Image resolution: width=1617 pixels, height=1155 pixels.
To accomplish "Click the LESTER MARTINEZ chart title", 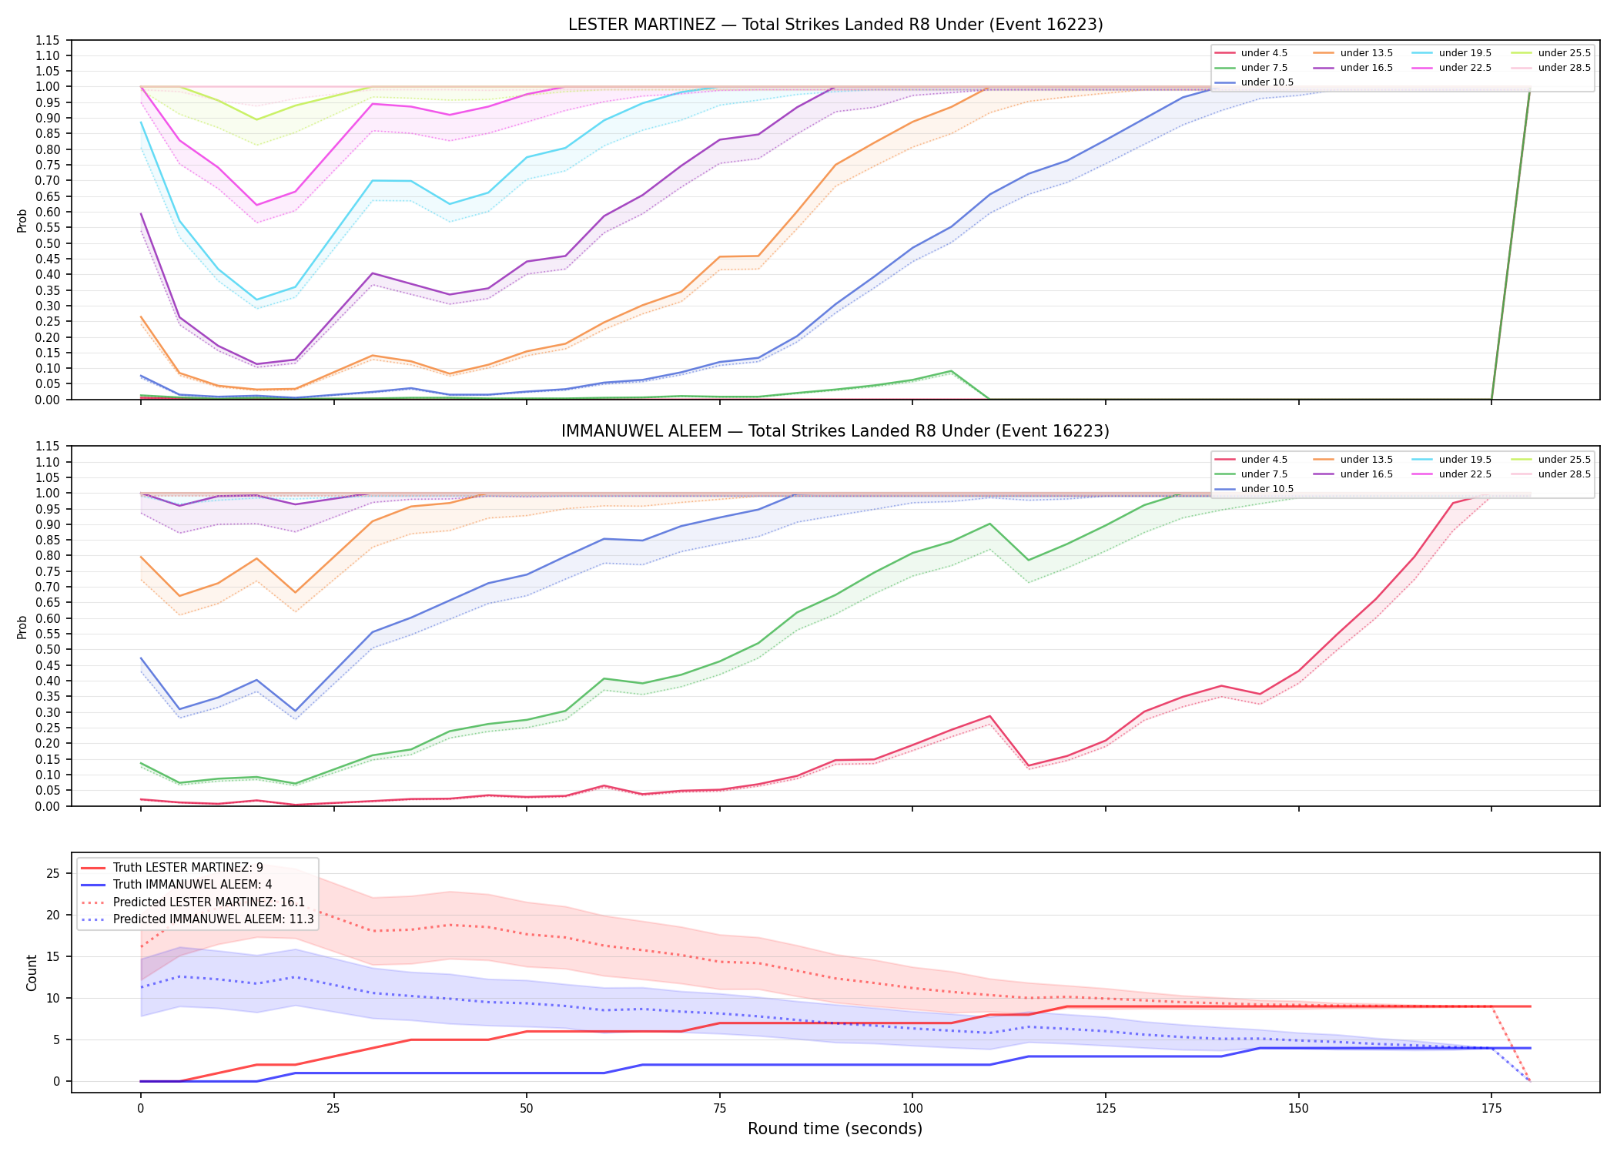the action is pyautogui.click(x=835, y=25).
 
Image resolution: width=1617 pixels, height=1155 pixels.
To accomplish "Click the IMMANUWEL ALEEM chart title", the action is pyautogui.click(x=835, y=431).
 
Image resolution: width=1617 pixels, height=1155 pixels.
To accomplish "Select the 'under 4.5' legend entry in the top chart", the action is pyautogui.click(x=1251, y=53).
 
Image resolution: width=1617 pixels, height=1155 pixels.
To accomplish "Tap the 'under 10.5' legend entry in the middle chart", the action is pyautogui.click(x=1254, y=489).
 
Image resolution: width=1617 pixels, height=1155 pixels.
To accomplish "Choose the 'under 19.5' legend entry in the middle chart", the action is pyautogui.click(x=1452, y=460).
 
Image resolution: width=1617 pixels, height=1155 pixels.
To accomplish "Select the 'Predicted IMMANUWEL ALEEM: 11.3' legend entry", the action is pyautogui.click(x=197, y=919).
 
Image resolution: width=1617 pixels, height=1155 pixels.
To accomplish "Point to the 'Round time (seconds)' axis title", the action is pyautogui.click(x=835, y=1129).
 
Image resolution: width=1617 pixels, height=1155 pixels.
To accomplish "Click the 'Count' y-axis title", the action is pyautogui.click(x=32, y=973).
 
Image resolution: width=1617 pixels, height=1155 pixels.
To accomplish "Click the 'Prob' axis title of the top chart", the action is pyautogui.click(x=22, y=220).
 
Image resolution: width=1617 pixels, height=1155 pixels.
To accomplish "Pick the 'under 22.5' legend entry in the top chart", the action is pyautogui.click(x=1452, y=68).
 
